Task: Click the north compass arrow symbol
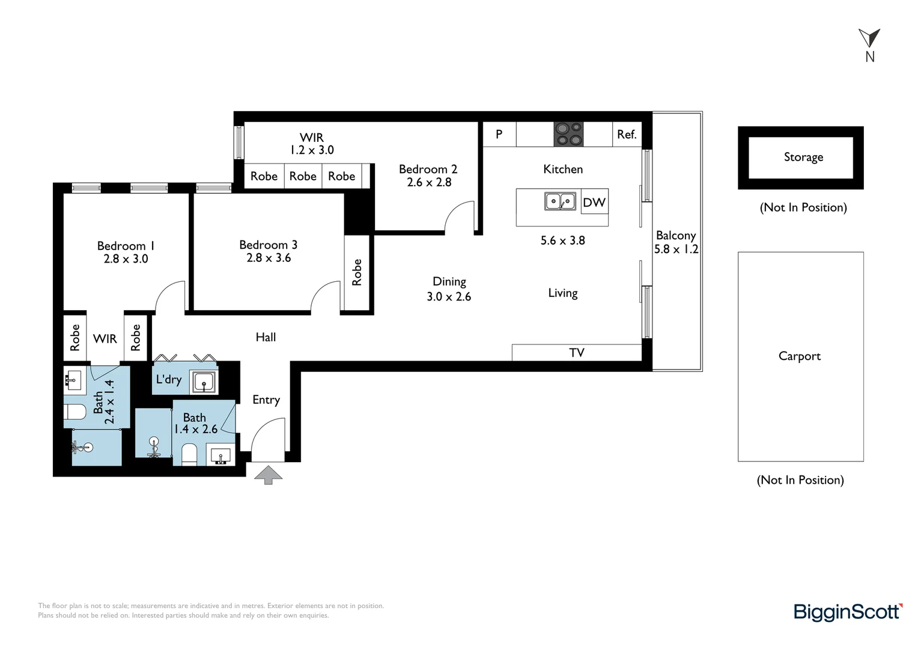tap(869, 38)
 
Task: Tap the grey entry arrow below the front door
tap(269, 475)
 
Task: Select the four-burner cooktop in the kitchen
tap(568, 134)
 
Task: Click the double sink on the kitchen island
tap(560, 201)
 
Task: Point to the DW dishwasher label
tap(594, 202)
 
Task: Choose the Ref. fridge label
tap(627, 134)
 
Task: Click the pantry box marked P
tap(499, 134)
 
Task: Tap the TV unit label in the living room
tap(577, 353)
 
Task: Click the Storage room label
tap(803, 157)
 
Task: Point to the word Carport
tap(800, 356)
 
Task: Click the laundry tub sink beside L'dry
tap(204, 382)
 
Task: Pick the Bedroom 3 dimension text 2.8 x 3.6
tap(269, 258)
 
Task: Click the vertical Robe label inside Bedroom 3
tap(357, 272)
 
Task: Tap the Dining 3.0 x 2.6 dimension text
tap(449, 296)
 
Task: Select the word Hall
tap(266, 337)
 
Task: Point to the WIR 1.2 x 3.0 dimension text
tap(312, 150)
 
